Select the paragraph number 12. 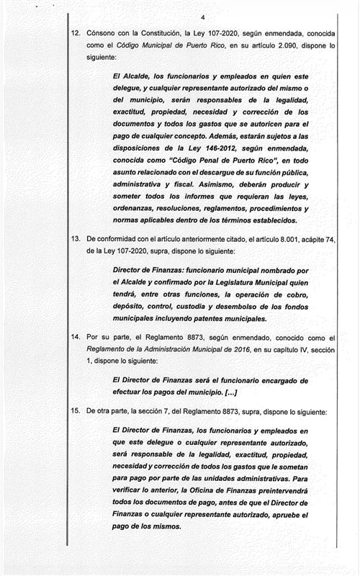(75, 34)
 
